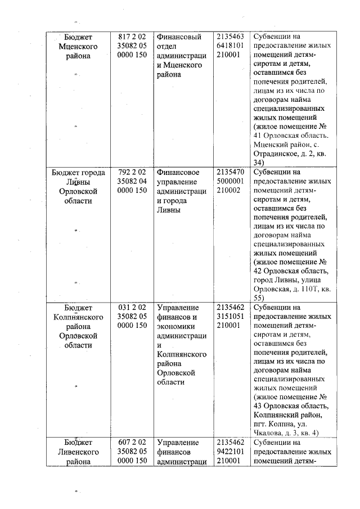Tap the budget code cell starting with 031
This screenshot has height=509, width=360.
tap(132, 317)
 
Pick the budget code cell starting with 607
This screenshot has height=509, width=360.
tap(132, 452)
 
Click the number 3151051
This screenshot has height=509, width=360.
tap(230, 317)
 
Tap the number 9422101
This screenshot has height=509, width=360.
tap(230, 452)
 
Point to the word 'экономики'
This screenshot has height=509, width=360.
tap(176, 326)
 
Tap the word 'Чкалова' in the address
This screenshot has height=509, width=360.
tap(267, 433)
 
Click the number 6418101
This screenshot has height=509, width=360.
tap(230, 46)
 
